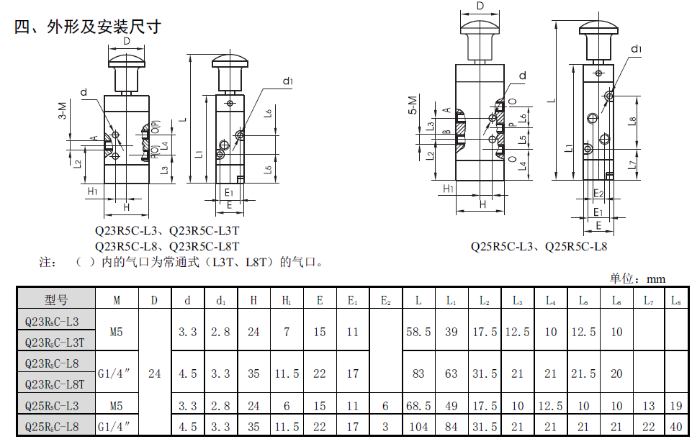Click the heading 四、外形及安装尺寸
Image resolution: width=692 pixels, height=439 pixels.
pos(88,27)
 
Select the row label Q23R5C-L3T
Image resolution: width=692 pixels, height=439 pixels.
pos(55,343)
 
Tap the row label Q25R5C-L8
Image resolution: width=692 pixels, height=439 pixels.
pos(52,427)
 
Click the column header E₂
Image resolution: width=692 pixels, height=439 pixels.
pos(386,300)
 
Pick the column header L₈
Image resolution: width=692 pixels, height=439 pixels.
pos(676,300)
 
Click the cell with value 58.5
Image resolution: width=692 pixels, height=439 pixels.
pos(418,332)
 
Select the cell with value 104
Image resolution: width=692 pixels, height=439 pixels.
pos(418,427)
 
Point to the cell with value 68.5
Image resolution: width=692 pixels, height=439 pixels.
pos(418,405)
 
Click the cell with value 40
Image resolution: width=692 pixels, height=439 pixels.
pos(676,427)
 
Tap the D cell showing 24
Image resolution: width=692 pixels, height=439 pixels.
pos(155,374)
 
